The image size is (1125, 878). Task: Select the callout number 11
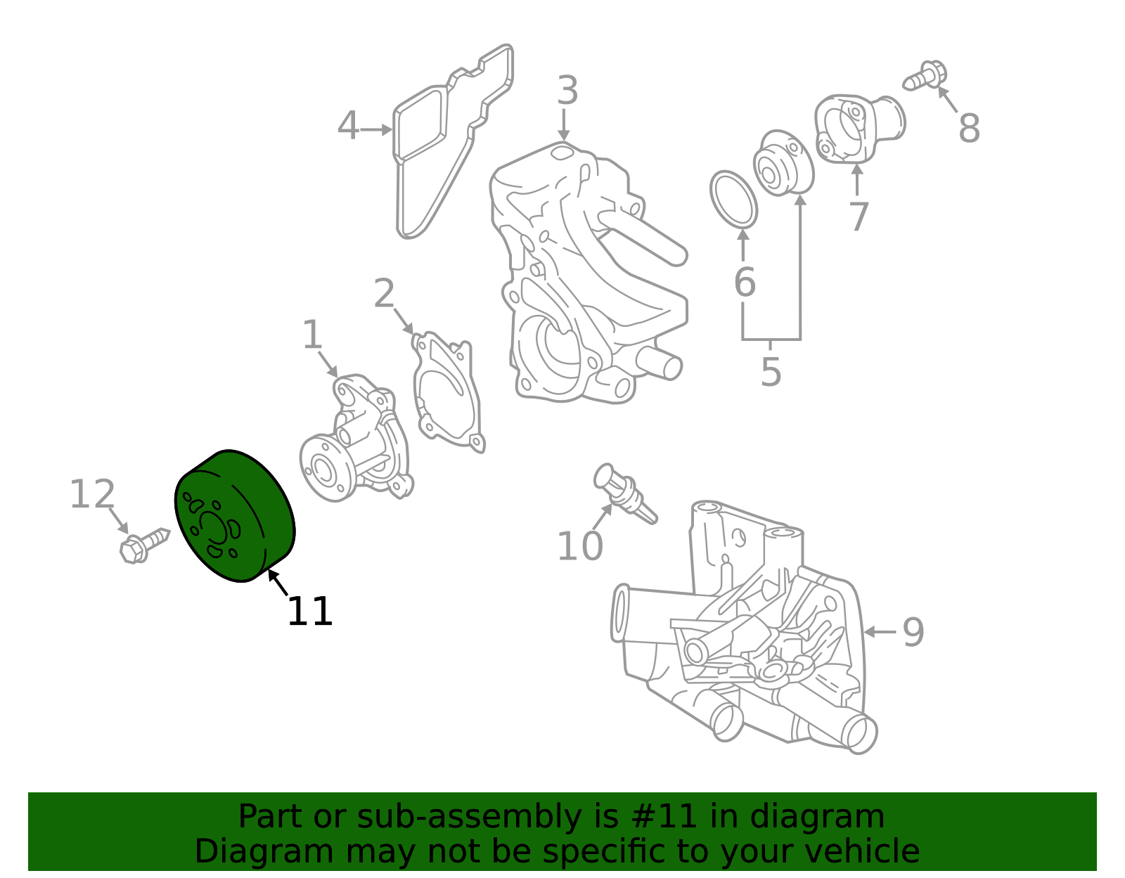(x=309, y=612)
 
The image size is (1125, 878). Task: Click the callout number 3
(x=567, y=91)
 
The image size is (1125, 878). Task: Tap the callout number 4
(x=348, y=127)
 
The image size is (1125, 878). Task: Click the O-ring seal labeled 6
(x=733, y=199)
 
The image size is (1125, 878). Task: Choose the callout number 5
(x=771, y=372)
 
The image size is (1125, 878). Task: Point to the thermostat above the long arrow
(x=783, y=164)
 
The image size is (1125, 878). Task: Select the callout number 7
(x=859, y=217)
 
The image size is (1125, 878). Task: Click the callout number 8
(x=969, y=129)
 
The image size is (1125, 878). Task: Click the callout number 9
(x=913, y=632)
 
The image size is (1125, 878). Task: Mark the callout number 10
(x=579, y=546)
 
